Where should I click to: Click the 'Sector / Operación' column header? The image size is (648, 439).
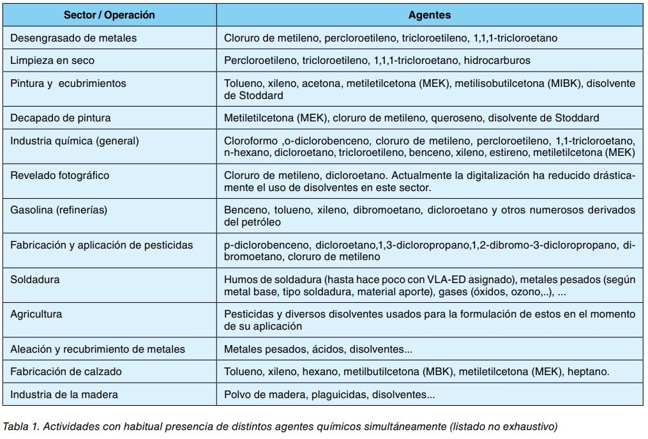click(x=109, y=15)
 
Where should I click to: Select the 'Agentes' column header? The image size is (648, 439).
click(x=429, y=15)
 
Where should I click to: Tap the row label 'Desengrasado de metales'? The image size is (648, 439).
click(x=73, y=38)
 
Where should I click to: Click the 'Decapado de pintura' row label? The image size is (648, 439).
click(x=61, y=118)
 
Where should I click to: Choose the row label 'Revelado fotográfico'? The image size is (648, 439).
click(x=59, y=175)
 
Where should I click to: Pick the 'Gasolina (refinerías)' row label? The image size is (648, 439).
click(x=59, y=210)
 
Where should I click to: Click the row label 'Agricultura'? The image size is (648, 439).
click(x=36, y=314)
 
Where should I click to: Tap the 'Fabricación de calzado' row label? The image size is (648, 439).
click(x=66, y=371)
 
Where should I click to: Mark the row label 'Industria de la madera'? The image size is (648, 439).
click(x=64, y=394)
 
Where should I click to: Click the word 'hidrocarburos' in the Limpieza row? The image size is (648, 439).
click(x=498, y=61)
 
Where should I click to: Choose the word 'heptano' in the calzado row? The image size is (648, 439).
click(x=590, y=371)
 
